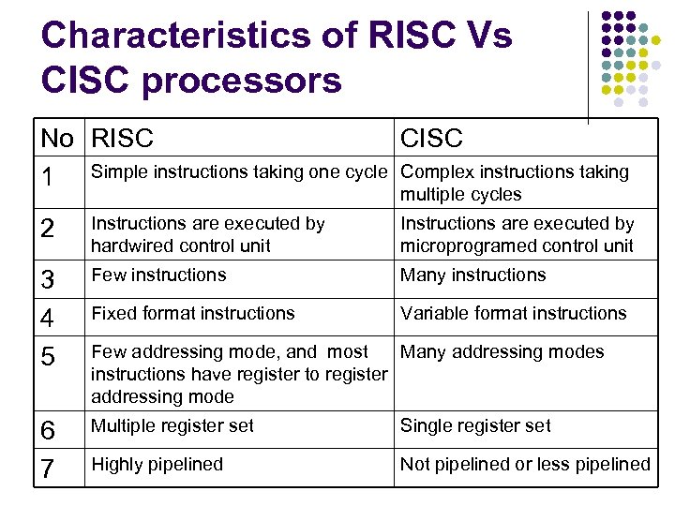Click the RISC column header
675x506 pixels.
click(122, 139)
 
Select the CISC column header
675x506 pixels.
click(431, 139)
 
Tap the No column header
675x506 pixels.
click(57, 139)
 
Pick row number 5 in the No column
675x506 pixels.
click(51, 358)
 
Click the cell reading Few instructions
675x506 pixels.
click(158, 275)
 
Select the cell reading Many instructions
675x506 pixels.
click(472, 275)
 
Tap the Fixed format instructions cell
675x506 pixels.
click(192, 313)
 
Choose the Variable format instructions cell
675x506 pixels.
click(513, 313)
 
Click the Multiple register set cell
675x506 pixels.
click(172, 425)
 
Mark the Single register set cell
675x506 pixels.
click(475, 425)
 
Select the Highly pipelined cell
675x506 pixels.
click(157, 464)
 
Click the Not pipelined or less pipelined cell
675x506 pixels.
click(525, 464)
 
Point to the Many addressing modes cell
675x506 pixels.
click(502, 352)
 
